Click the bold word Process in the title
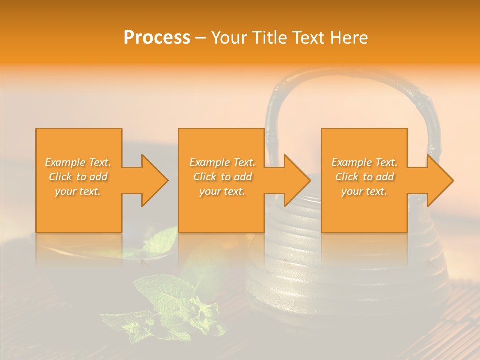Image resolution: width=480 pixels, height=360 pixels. pyautogui.click(x=157, y=38)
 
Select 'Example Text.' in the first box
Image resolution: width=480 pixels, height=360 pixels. pyautogui.click(x=78, y=162)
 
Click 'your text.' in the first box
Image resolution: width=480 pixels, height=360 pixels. pyautogui.click(x=78, y=191)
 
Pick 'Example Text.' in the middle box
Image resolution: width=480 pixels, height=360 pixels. pyautogui.click(x=222, y=162)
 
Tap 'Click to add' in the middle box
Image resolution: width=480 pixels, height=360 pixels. pyautogui.click(x=222, y=177)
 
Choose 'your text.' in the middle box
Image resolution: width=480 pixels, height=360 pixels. pyautogui.click(x=222, y=191)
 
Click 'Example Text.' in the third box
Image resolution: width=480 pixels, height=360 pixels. pyautogui.click(x=364, y=162)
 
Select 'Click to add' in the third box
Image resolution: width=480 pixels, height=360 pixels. pyautogui.click(x=364, y=177)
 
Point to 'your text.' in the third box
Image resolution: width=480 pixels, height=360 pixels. pyautogui.click(x=364, y=191)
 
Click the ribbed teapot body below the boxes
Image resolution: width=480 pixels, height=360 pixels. pyautogui.click(x=345, y=270)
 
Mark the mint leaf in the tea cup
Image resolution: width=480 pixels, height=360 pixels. pyautogui.click(x=162, y=242)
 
